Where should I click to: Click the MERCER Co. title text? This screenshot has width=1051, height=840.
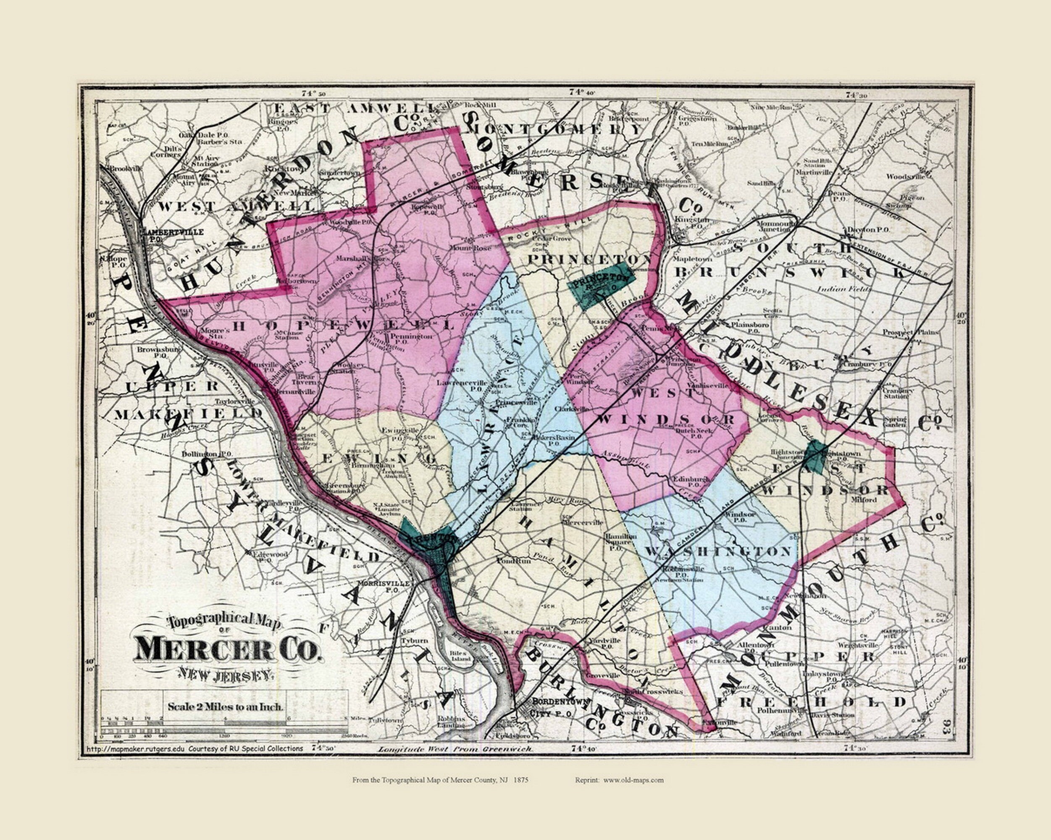point(228,649)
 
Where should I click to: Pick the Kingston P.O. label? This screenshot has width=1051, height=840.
point(693,223)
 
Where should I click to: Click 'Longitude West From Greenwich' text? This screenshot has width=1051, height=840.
point(455,749)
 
